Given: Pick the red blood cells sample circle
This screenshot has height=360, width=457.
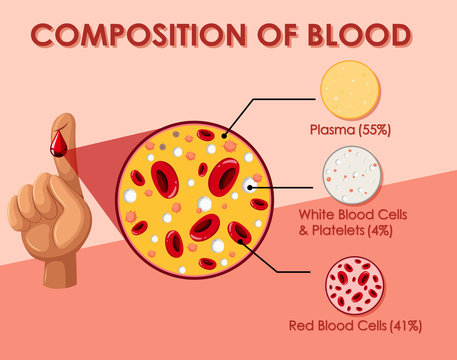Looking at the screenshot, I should point(351,286).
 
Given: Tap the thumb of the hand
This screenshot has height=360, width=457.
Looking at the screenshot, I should point(22,209).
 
